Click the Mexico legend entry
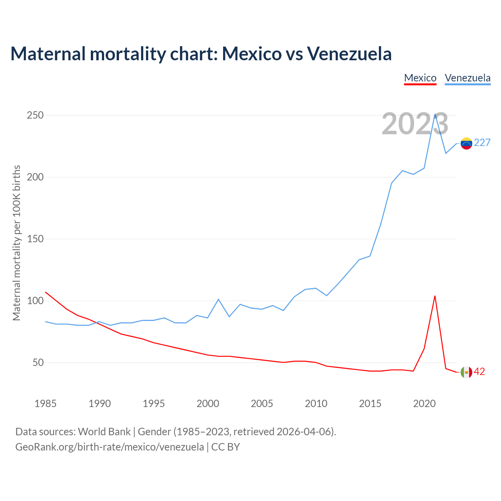pyautogui.click(x=420, y=78)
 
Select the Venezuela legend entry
pyautogui.click(x=467, y=78)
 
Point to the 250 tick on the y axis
pyautogui.click(x=35, y=115)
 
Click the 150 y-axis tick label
pyautogui.click(x=35, y=239)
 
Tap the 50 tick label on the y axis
pyautogui.click(x=38, y=363)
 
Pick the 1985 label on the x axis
pyautogui.click(x=45, y=404)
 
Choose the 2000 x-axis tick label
pyautogui.click(x=207, y=404)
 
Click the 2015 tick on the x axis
pyautogui.click(x=370, y=404)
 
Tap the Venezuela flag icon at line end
pyautogui.click(x=466, y=143)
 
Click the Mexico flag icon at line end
pyautogui.click(x=466, y=372)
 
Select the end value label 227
pyautogui.click(x=482, y=143)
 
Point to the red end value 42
pyautogui.click(x=479, y=372)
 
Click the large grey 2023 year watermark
pyautogui.click(x=415, y=124)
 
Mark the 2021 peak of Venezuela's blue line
pyautogui.click(x=435, y=114)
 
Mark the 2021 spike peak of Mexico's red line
pyautogui.click(x=435, y=296)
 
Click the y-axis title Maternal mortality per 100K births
pyautogui.click(x=16, y=243)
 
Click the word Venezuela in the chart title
pyautogui.click(x=349, y=54)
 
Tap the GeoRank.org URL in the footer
pyautogui.click(x=110, y=447)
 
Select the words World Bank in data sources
pyautogui.click(x=104, y=432)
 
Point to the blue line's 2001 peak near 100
pyautogui.click(x=218, y=299)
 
